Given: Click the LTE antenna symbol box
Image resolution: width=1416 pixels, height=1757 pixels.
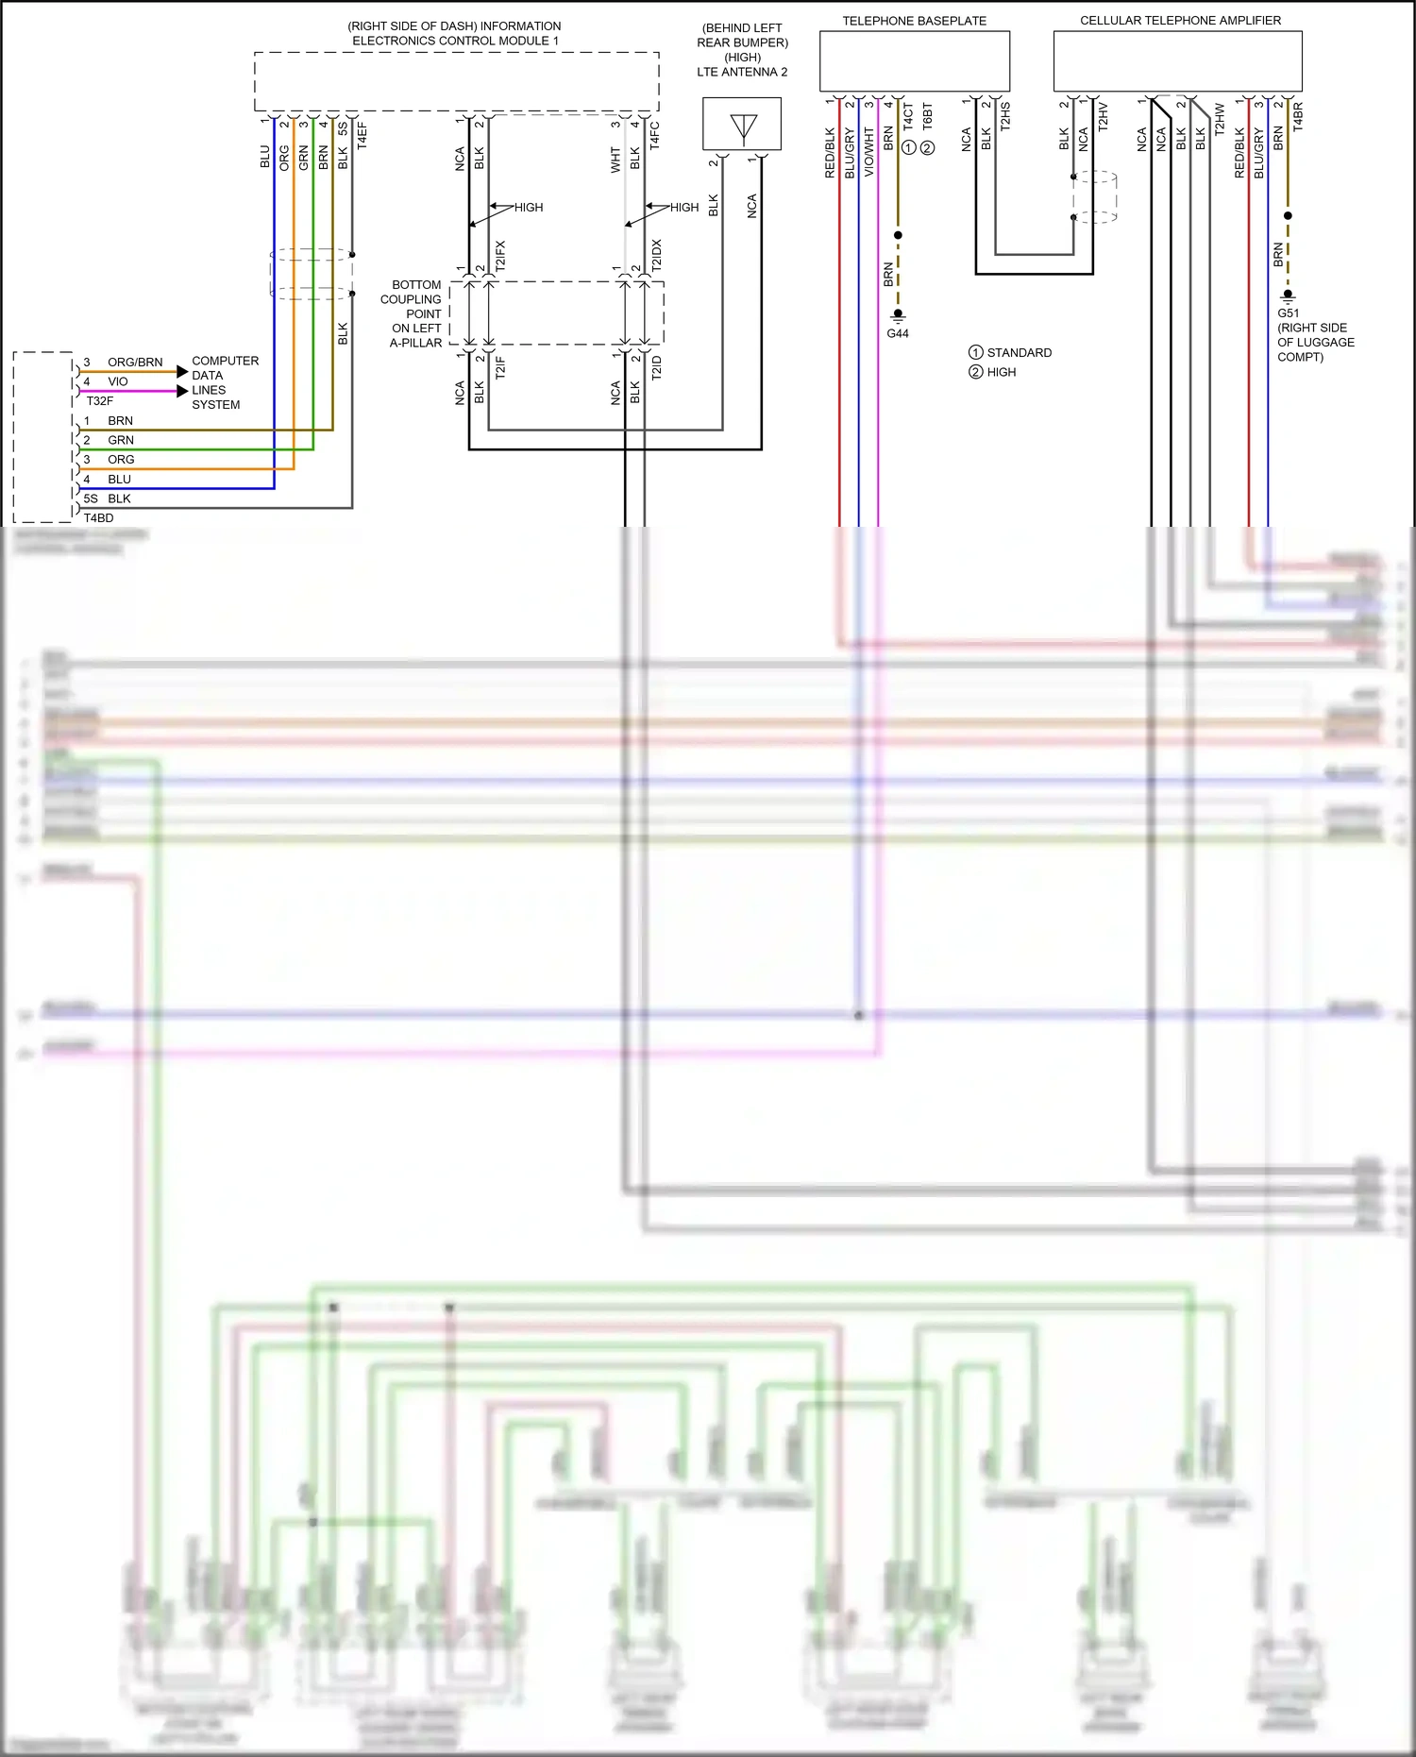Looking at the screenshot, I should click(x=742, y=125).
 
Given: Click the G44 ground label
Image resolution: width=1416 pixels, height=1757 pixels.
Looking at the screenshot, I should click(x=898, y=333).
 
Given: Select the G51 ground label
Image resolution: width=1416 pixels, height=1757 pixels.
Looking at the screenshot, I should click(x=1288, y=313).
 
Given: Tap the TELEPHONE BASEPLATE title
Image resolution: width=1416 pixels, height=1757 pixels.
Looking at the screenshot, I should click(x=914, y=21).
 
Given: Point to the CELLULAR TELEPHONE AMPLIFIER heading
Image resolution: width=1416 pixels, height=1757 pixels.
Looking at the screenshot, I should click(x=1180, y=21).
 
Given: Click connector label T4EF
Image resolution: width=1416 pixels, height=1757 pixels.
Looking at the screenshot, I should click(x=362, y=135).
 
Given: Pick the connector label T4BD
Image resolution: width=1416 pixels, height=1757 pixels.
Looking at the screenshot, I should click(x=98, y=518).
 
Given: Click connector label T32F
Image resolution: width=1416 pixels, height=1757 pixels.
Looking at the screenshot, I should click(x=99, y=401).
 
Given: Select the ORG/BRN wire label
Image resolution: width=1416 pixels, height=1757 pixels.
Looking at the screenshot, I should click(x=135, y=363).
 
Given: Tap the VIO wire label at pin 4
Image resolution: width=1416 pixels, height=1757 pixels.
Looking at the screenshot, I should click(x=118, y=381).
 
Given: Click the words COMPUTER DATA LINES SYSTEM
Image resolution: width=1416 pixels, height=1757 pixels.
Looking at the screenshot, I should click(x=224, y=382).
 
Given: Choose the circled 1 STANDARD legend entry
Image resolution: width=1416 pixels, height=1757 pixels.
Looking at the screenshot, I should click(x=1010, y=352).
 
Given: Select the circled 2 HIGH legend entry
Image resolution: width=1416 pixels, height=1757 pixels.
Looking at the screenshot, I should click(x=992, y=372).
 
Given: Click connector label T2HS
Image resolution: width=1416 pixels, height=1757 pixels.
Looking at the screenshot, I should click(x=1005, y=116).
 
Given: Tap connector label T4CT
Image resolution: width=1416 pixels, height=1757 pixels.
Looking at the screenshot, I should click(x=908, y=116).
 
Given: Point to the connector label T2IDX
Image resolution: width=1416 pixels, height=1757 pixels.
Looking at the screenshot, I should click(x=657, y=255).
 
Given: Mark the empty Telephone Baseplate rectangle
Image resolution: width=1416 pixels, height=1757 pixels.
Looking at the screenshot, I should click(x=914, y=61).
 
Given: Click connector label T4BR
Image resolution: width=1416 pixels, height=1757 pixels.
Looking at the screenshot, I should click(x=1298, y=116).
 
